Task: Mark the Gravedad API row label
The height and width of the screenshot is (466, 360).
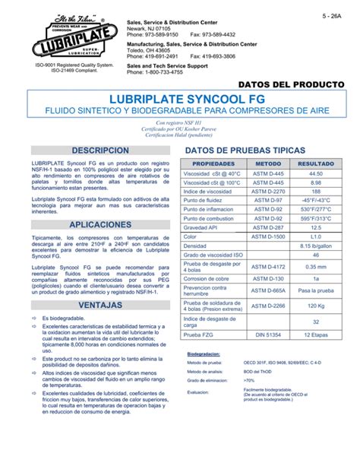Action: (x=203, y=227)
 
